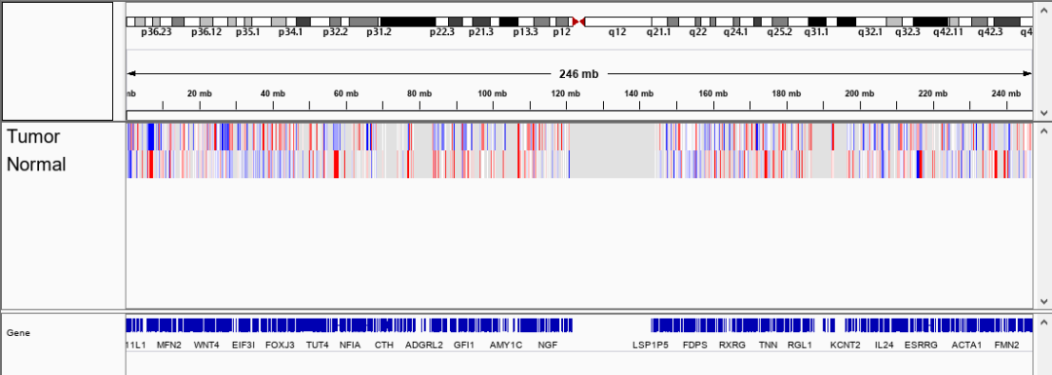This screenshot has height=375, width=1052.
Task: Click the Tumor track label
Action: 33,137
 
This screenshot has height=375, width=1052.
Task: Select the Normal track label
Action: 36,165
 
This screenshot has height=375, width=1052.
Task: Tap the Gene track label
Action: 18,333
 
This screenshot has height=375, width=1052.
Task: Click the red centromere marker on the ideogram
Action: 578,21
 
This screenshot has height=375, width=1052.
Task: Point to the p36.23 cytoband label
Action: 156,32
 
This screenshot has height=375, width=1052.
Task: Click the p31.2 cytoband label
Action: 379,32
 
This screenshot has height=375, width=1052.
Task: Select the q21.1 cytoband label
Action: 660,32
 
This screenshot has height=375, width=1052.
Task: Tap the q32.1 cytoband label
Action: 870,32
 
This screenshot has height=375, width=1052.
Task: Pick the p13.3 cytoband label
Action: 525,32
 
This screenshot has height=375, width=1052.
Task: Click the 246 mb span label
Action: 579,74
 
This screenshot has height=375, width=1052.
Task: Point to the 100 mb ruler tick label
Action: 492,94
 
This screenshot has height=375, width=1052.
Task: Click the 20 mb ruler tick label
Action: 199,94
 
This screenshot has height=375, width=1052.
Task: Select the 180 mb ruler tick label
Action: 786,94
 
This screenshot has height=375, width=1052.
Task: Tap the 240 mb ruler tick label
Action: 1005,94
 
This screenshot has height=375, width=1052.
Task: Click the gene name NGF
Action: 547,345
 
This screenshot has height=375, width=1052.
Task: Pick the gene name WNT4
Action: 207,345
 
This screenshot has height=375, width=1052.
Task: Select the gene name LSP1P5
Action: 651,345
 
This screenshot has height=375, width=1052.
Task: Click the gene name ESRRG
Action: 920,345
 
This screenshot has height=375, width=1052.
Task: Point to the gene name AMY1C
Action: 506,345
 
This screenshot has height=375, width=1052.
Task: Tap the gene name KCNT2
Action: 845,345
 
